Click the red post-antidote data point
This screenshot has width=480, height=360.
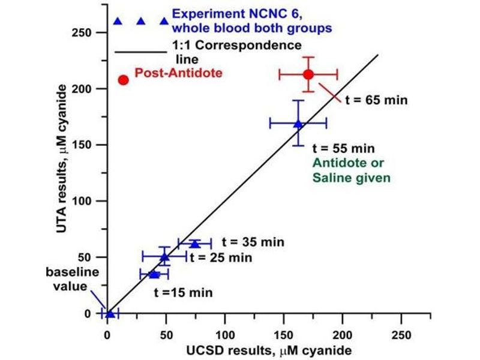point(308,74)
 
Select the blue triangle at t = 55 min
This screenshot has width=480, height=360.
point(298,124)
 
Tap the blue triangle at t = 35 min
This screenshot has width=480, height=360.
point(194,244)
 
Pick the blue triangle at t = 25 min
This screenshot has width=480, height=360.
point(164,257)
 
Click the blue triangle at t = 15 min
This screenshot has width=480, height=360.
point(154,274)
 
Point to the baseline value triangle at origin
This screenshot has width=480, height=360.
point(110,313)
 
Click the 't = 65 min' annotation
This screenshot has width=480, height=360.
point(376,100)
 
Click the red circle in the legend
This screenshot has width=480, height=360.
point(124,80)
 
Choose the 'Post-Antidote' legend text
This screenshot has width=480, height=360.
point(178,73)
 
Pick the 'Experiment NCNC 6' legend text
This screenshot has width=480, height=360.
point(252,20)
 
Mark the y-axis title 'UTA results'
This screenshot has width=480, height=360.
point(60,165)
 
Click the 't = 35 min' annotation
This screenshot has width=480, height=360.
point(253,242)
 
